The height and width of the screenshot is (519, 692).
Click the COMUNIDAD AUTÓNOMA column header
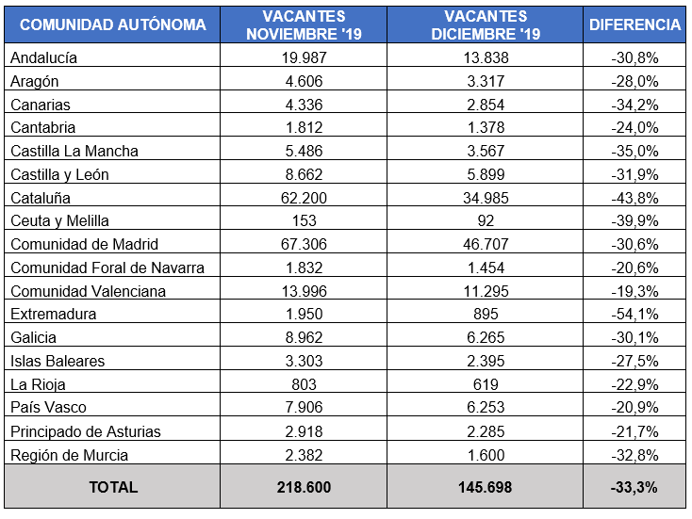click(x=112, y=25)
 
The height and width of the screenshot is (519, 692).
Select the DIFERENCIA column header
click(x=634, y=25)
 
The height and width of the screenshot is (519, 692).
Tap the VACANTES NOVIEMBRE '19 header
click(x=304, y=25)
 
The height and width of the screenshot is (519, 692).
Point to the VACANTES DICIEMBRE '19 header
click(x=485, y=25)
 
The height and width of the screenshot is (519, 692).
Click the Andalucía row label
click(x=43, y=57)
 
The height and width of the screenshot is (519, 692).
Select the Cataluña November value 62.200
click(x=304, y=198)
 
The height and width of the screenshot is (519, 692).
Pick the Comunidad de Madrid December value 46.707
click(x=485, y=245)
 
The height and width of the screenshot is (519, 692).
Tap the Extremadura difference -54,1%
click(x=634, y=315)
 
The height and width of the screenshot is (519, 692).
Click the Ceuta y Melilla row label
click(x=60, y=221)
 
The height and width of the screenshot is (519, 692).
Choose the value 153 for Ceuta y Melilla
click(x=304, y=221)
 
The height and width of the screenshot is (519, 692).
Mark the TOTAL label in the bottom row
click(x=113, y=488)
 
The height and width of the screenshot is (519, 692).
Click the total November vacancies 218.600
click(x=304, y=488)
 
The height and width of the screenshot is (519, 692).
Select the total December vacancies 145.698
click(x=485, y=488)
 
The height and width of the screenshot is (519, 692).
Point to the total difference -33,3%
click(x=634, y=488)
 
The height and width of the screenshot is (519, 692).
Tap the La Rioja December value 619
click(x=485, y=384)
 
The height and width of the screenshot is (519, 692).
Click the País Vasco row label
click(x=48, y=408)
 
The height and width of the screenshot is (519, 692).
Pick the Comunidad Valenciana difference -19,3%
click(x=634, y=291)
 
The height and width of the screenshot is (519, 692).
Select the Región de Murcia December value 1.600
click(x=485, y=455)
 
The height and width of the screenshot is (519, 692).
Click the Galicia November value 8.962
click(x=304, y=338)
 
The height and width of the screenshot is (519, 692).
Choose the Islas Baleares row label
click(x=58, y=362)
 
